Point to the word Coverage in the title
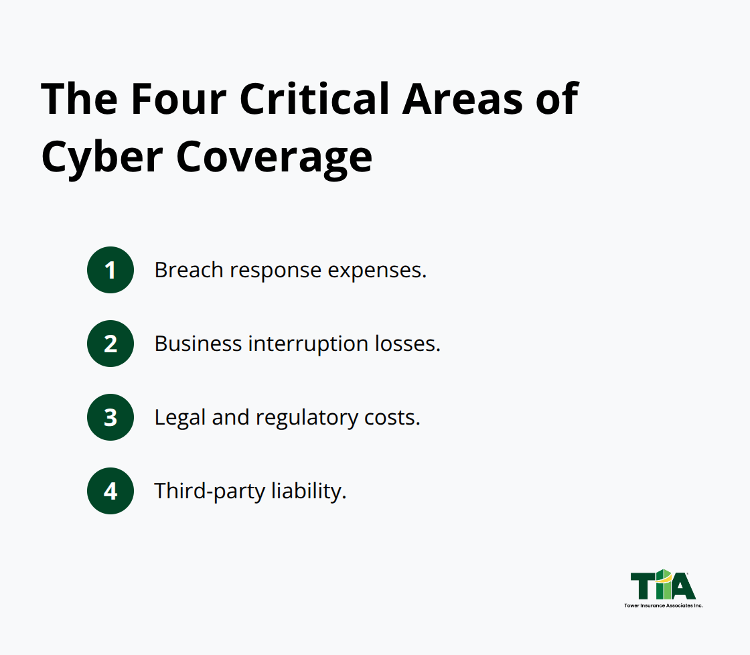pos(275,157)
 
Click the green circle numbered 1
pos(110,270)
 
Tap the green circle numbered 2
pos(110,344)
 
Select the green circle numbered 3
pos(110,417)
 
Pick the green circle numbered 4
pos(110,491)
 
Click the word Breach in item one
pos(183,270)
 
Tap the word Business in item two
pos(198,344)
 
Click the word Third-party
pos(209,492)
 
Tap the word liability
pos(309,492)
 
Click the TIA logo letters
pos(663,585)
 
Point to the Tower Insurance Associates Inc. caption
pos(663,605)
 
